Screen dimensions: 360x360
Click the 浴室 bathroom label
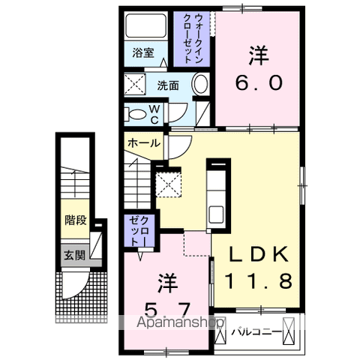click(x=144, y=52)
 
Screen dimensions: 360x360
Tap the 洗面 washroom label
click(x=167, y=85)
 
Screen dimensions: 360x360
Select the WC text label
click(x=154, y=114)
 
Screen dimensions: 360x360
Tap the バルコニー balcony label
click(x=256, y=331)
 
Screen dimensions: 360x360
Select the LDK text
click(x=258, y=254)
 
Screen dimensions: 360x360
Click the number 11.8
click(x=258, y=282)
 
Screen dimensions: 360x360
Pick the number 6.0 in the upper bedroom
click(x=259, y=83)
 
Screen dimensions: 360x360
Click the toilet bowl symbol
click(x=137, y=114)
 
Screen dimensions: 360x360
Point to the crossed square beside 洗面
click(x=135, y=83)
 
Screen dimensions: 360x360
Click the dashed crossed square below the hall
click(x=166, y=182)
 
